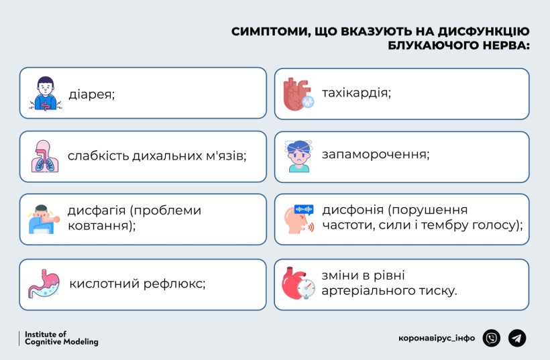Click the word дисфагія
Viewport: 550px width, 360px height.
click(97, 211)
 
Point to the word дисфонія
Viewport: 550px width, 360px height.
click(353, 210)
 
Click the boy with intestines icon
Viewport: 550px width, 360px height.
click(45, 94)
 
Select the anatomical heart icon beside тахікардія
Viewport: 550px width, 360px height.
click(298, 94)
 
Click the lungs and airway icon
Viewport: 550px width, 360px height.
click(45, 156)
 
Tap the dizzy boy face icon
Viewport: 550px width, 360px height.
click(298, 156)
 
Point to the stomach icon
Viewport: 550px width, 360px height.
click(44, 284)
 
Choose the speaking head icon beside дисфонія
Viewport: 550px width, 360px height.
click(299, 219)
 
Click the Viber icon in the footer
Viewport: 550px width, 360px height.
click(492, 338)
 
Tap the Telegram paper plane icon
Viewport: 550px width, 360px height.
click(517, 338)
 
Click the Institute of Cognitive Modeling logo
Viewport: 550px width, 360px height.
click(58, 339)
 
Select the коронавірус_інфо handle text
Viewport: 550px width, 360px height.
click(437, 339)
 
